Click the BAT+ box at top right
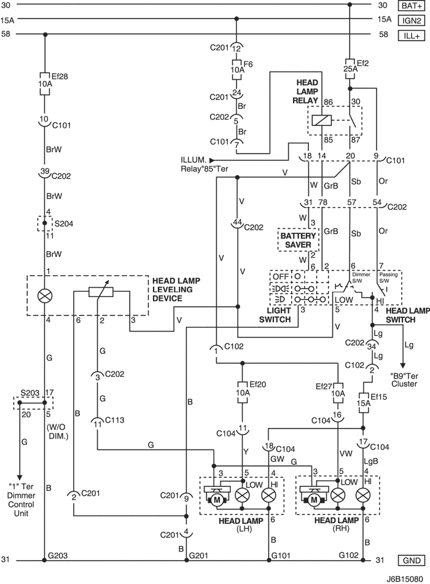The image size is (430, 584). (412, 6)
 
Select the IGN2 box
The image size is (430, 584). (412, 20)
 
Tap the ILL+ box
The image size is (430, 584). (412, 36)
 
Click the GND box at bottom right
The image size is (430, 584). (412, 561)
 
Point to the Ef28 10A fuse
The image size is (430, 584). (45, 84)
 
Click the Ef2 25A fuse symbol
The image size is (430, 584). (350, 69)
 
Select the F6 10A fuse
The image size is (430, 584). (237, 69)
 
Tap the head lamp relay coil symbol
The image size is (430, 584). (321, 120)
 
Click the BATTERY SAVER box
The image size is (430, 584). (298, 240)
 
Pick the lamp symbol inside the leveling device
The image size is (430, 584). (45, 296)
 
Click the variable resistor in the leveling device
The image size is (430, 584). (101, 292)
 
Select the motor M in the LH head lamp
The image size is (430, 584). (216, 500)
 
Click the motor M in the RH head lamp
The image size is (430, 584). (314, 500)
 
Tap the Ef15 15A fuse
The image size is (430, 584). (363, 403)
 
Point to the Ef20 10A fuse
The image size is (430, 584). (243, 392)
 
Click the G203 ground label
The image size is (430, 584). (58, 556)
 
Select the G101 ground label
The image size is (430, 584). (281, 556)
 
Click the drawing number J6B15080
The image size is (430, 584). (405, 579)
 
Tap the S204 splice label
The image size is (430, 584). (64, 224)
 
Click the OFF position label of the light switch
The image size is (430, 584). (281, 276)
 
